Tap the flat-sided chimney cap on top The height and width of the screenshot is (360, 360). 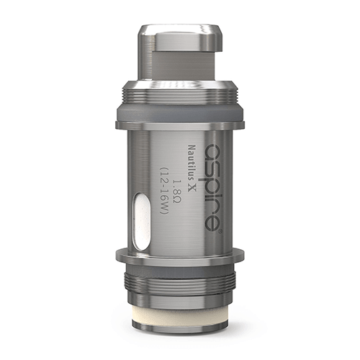[x=180, y=54]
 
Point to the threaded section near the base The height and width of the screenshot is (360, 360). [x=180, y=284]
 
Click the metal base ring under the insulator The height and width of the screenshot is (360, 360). [x=180, y=338]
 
